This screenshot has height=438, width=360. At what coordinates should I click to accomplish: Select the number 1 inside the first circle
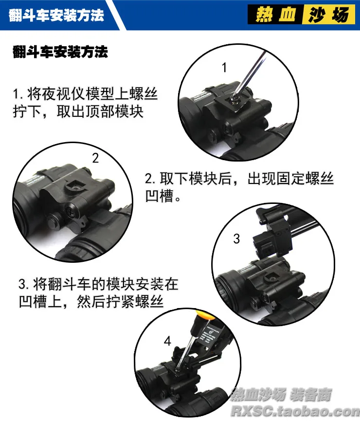(224, 68)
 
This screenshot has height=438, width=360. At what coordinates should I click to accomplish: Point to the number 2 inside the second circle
(95, 158)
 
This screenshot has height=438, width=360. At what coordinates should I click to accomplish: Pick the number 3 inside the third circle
(236, 239)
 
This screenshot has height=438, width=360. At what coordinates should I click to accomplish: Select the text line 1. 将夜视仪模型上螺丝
(85, 93)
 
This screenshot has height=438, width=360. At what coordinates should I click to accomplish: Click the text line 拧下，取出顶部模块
(78, 111)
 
